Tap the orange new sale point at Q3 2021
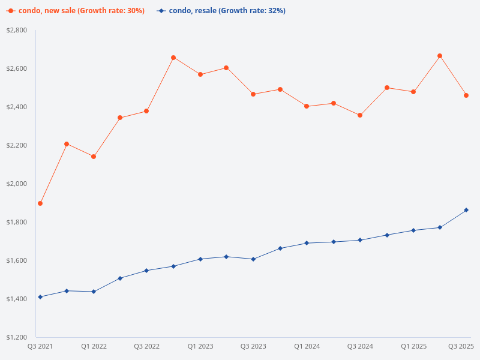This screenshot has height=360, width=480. (40, 203)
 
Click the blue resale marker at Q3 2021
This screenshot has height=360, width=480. (40, 297)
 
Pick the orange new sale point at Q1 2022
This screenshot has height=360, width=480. (94, 157)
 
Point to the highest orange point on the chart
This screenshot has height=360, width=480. (440, 56)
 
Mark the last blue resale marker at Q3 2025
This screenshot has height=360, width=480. (466, 210)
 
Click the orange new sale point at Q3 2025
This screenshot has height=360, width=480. (466, 95)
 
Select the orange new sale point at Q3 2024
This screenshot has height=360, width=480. (360, 115)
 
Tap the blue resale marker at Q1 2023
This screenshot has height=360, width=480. (200, 259)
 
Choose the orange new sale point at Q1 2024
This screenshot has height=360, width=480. (307, 106)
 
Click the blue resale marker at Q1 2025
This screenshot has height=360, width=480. (413, 230)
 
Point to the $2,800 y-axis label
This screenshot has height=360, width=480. (17, 30)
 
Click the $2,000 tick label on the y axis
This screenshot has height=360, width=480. (17, 184)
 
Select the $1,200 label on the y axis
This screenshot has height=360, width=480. (17, 337)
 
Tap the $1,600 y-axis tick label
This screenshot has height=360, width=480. (17, 260)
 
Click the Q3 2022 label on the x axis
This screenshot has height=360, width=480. (147, 347)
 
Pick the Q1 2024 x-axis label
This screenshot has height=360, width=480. (307, 347)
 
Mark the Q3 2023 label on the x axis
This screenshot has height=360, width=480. (253, 347)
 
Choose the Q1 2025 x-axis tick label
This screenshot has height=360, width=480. (413, 347)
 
